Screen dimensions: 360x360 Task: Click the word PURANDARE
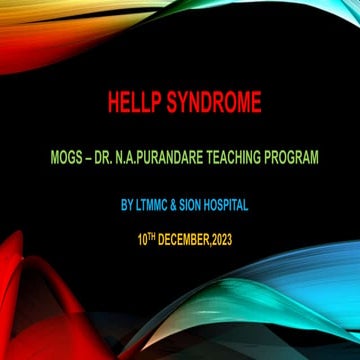(x=171, y=157)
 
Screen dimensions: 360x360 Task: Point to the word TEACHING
(x=233, y=157)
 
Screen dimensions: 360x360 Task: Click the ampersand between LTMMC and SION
(x=175, y=207)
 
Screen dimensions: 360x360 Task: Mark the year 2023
(x=221, y=240)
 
